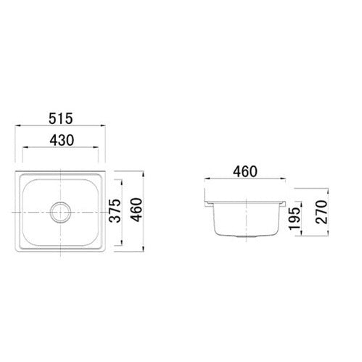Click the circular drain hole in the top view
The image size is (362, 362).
59,212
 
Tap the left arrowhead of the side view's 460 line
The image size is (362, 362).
206,181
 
